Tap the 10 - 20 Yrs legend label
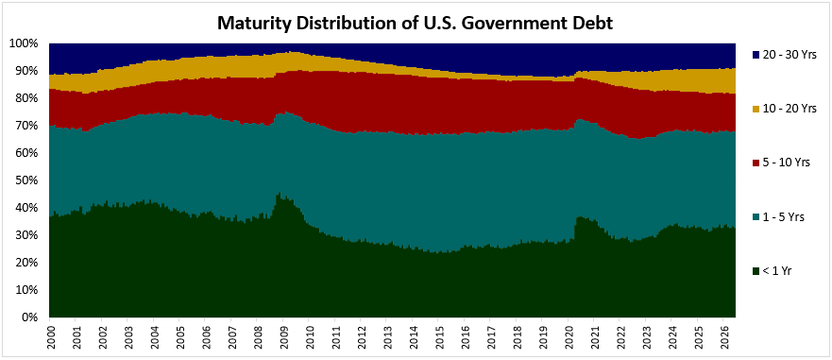(x=785, y=109)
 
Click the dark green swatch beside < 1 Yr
(x=756, y=272)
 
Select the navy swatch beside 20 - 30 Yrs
(x=756, y=55)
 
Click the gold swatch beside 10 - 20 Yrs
(x=756, y=109)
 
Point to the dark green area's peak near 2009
(x=280, y=193)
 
